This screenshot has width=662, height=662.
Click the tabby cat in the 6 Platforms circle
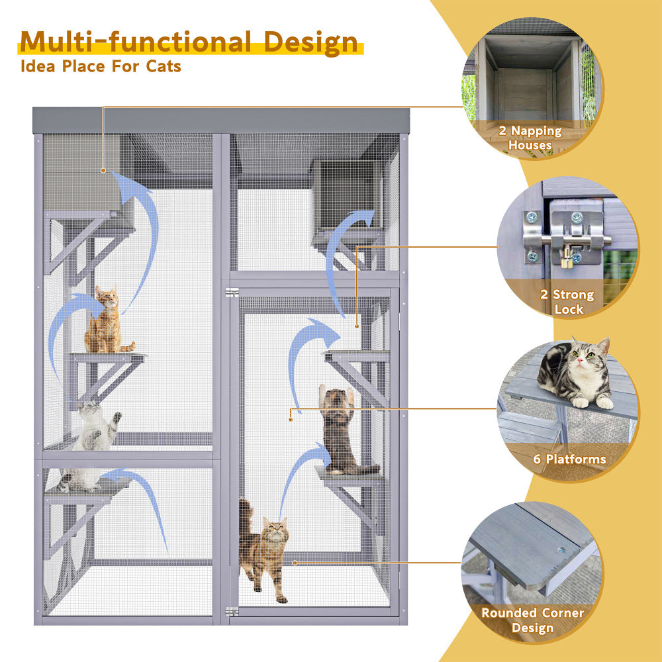pyautogui.click(x=576, y=374)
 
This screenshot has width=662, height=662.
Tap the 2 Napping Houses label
pyautogui.click(x=530, y=138)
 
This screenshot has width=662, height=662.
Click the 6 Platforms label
pyautogui.click(x=569, y=459)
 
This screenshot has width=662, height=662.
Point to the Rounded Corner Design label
pyautogui.click(x=532, y=620)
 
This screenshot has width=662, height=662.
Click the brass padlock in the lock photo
pyautogui.click(x=567, y=261)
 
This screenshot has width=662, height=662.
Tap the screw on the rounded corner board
pyautogui.click(x=561, y=549)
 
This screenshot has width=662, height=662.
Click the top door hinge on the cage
pyautogui.click(x=231, y=293)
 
